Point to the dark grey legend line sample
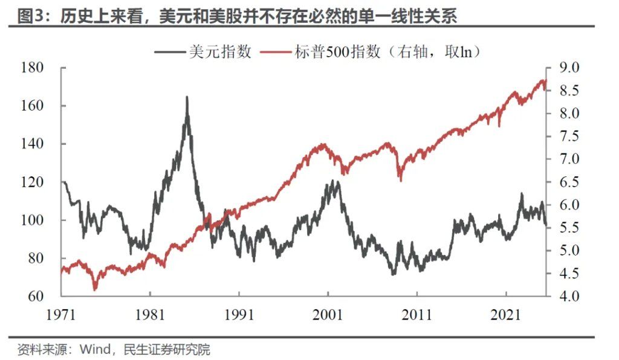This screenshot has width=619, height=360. pyautogui.click(x=169, y=52)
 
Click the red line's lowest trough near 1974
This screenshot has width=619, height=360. pyautogui.click(x=95, y=289)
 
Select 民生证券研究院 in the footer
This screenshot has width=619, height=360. pyautogui.click(x=166, y=349)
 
